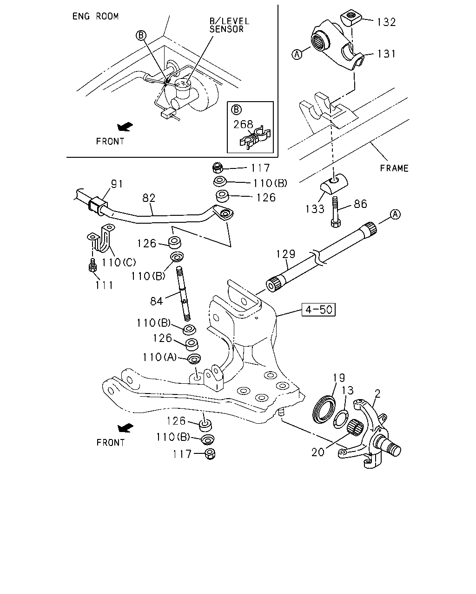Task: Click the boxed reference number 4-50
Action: (318, 310)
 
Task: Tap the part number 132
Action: (386, 22)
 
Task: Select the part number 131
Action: (386, 53)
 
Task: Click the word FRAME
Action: (394, 168)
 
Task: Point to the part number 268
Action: (243, 124)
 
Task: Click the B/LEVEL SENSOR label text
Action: (229, 25)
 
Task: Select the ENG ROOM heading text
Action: (95, 16)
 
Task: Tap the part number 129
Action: (286, 254)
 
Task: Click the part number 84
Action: (156, 301)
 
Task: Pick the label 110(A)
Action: (159, 357)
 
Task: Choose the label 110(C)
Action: (119, 262)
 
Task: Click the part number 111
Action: (104, 285)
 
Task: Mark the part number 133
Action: (315, 209)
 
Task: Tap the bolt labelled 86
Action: (336, 212)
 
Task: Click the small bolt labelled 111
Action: (93, 265)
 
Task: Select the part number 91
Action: (117, 184)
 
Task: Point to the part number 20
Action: (317, 452)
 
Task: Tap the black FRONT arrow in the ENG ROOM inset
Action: (125, 127)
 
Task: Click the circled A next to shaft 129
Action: (395, 214)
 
